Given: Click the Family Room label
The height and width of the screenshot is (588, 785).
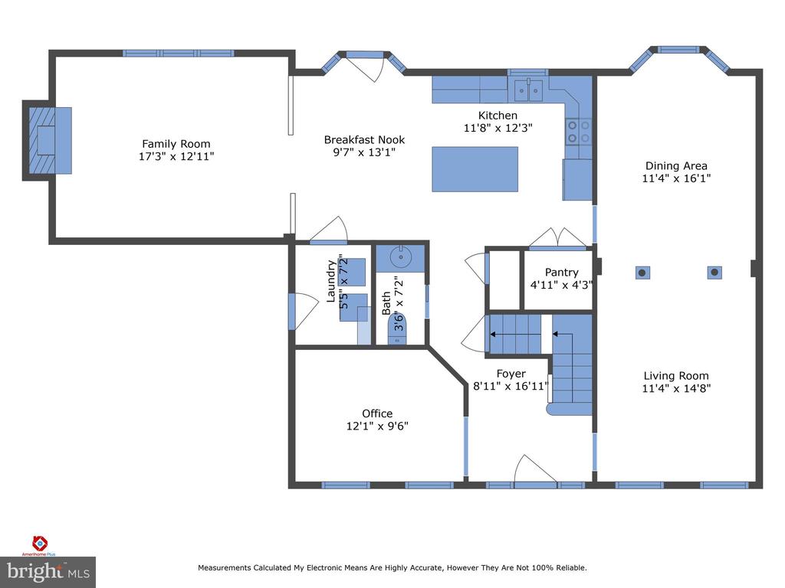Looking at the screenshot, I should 176,143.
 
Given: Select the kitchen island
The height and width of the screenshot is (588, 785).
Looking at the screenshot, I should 475,169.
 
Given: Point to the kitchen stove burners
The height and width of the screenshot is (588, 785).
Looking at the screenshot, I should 579,131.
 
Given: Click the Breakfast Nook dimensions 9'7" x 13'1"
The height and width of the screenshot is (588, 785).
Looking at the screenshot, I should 364,152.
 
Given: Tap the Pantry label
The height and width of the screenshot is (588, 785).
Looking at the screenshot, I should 561,272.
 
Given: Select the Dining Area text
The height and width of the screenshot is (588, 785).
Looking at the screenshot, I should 675,165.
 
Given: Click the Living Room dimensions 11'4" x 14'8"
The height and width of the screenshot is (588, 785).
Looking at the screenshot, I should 675,388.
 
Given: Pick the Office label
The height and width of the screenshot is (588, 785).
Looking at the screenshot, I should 377,413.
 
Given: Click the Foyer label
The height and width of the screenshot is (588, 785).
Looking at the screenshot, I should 511,374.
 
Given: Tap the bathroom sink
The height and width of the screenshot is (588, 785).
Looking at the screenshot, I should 399,258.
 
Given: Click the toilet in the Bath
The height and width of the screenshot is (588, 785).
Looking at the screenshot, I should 399,330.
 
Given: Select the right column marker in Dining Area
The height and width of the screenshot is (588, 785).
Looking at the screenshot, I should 714,272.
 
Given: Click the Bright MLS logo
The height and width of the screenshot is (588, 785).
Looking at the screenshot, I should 48,571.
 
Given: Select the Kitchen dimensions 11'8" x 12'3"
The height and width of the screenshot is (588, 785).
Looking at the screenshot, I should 498,129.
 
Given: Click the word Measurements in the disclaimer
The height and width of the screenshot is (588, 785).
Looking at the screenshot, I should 225,568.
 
